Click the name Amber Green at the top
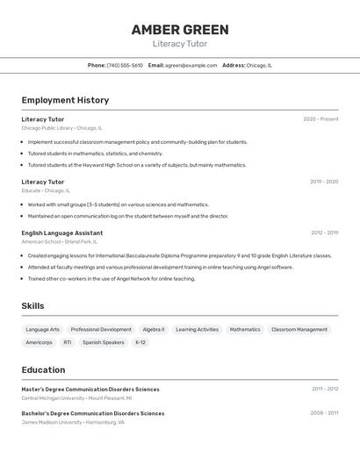[180, 29]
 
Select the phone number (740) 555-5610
[125, 65]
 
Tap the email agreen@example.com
[191, 65]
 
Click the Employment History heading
[65, 100]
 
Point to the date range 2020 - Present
[320, 118]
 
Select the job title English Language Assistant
[62, 232]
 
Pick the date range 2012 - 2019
[324, 232]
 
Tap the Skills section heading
[32, 305]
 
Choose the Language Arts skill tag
[43, 330]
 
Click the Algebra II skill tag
[154, 330]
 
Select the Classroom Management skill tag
[299, 330]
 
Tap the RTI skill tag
[68, 342]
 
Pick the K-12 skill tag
[140, 342]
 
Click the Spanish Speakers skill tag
[104, 342]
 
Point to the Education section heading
[43, 369]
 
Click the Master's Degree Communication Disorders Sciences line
[90, 389]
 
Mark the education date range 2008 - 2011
[324, 412]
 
